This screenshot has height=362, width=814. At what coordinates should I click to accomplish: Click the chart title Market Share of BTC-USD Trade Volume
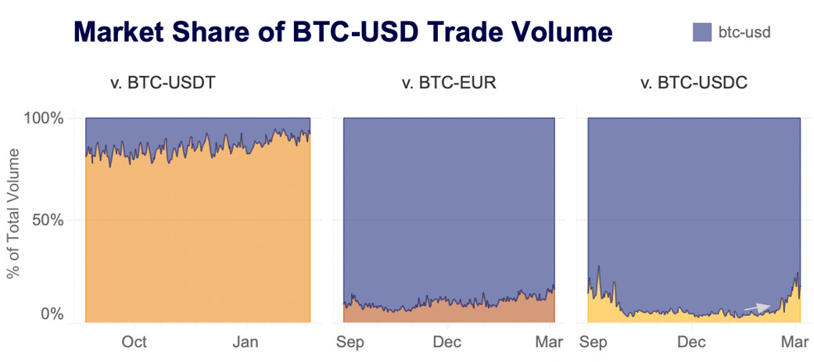(x=342, y=33)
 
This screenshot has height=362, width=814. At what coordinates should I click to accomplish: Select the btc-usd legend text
(x=745, y=32)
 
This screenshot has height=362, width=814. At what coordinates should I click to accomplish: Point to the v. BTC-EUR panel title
(x=448, y=82)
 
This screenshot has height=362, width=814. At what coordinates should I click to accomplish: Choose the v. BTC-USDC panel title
(x=694, y=82)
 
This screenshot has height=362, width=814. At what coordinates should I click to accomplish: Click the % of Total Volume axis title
(x=13, y=219)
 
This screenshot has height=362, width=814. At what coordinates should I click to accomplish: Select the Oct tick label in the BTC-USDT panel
(x=134, y=342)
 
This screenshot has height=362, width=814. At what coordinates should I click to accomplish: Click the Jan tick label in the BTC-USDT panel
(x=246, y=342)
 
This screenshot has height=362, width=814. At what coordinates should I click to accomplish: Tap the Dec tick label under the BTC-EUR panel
(x=447, y=342)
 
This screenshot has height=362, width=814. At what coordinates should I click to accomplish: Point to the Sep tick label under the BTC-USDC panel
(x=594, y=342)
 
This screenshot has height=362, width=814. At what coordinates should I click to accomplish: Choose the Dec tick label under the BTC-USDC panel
(x=692, y=342)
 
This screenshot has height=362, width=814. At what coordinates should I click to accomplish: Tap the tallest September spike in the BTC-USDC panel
(x=598, y=267)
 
